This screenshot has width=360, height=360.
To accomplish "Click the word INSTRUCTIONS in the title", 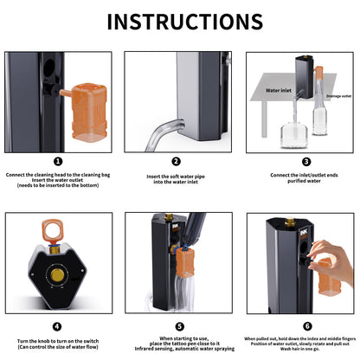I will tap(180, 22).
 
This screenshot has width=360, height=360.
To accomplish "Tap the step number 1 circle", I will tap(58, 160).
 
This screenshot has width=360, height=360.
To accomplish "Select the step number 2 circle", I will tap(176, 160).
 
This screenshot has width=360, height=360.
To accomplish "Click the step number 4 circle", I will tap(58, 326).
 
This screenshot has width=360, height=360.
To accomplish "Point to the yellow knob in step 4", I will tap(56, 274).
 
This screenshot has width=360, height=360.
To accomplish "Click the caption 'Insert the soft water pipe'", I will tap(176, 174).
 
